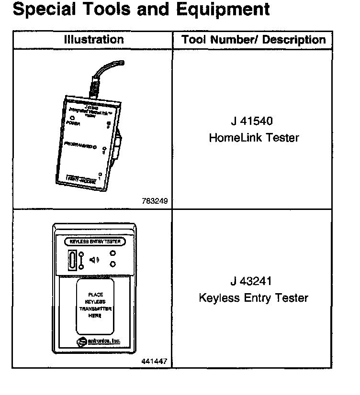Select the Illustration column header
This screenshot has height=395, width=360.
93,40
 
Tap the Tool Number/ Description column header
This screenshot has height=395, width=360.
253,40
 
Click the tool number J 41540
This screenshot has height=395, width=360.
254,121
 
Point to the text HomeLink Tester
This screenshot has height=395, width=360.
254,138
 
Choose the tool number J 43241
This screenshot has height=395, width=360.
254,281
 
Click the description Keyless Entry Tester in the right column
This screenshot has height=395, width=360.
253,298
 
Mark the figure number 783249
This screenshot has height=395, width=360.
155,201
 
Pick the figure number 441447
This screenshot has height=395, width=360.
154,362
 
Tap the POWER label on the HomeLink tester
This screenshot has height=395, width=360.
73,123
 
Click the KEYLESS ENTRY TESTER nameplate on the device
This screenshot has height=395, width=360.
95,241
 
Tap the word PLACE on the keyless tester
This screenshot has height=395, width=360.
95,295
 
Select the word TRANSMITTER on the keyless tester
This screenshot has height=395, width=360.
95,309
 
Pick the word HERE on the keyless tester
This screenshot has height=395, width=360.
95,316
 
